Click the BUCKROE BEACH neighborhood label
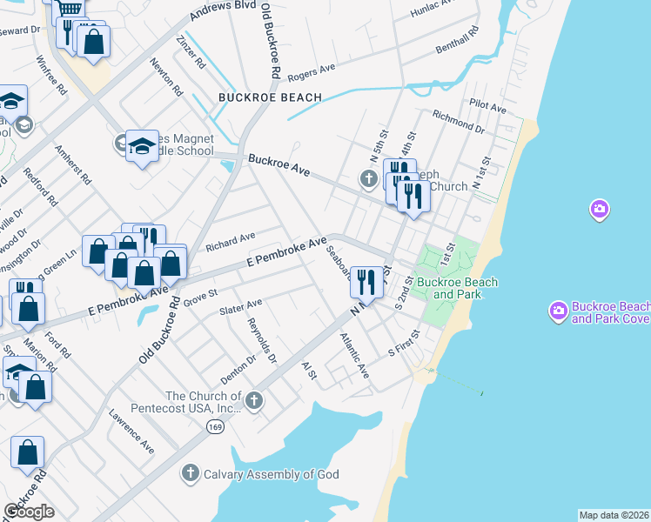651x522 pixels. (x=271, y=97)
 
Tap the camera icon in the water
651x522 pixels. (x=598, y=209)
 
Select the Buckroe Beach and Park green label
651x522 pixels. (x=457, y=288)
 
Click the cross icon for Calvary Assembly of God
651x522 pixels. (x=191, y=473)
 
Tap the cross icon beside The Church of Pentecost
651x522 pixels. (x=253, y=400)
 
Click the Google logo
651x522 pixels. (x=29, y=512)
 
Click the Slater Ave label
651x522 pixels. (x=240, y=306)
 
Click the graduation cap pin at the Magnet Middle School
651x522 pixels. (x=142, y=145)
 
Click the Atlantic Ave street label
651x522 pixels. (x=355, y=357)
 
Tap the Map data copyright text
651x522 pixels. (x=614, y=515)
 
